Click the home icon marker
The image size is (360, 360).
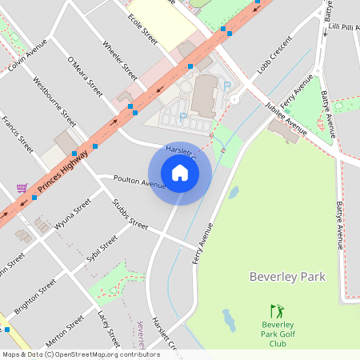pyautogui.click(x=180, y=173)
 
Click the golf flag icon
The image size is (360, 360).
pyautogui.click(x=277, y=311)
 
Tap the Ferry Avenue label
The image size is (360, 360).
pyautogui.click(x=205, y=243)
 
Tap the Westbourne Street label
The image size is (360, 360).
pyautogui.click(x=54, y=101)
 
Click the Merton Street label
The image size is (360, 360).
pyautogui.click(x=65, y=330)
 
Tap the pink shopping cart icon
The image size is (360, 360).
pyautogui.click(x=22, y=188)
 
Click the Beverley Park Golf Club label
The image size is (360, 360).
pyautogui.click(x=278, y=334)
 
